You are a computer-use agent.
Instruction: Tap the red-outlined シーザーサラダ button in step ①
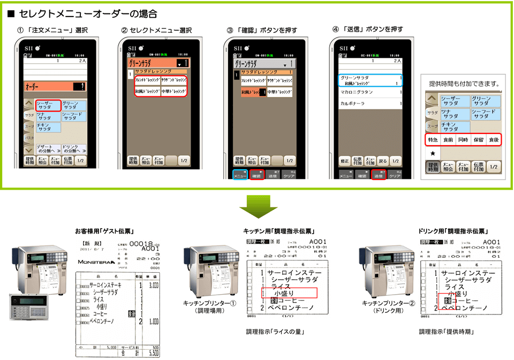click(x=47, y=105)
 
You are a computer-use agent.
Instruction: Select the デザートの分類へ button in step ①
click(x=48, y=148)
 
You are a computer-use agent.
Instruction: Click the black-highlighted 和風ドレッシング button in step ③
click(x=253, y=92)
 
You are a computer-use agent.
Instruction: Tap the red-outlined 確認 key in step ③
click(x=256, y=175)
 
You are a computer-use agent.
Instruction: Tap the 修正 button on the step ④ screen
click(x=345, y=161)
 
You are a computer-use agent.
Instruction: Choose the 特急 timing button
click(x=433, y=140)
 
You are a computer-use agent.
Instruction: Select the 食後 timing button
click(x=493, y=140)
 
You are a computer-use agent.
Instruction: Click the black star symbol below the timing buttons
click(x=433, y=154)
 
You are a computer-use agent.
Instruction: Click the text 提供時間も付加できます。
click(x=464, y=84)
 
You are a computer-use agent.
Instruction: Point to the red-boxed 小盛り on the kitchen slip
click(x=289, y=293)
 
